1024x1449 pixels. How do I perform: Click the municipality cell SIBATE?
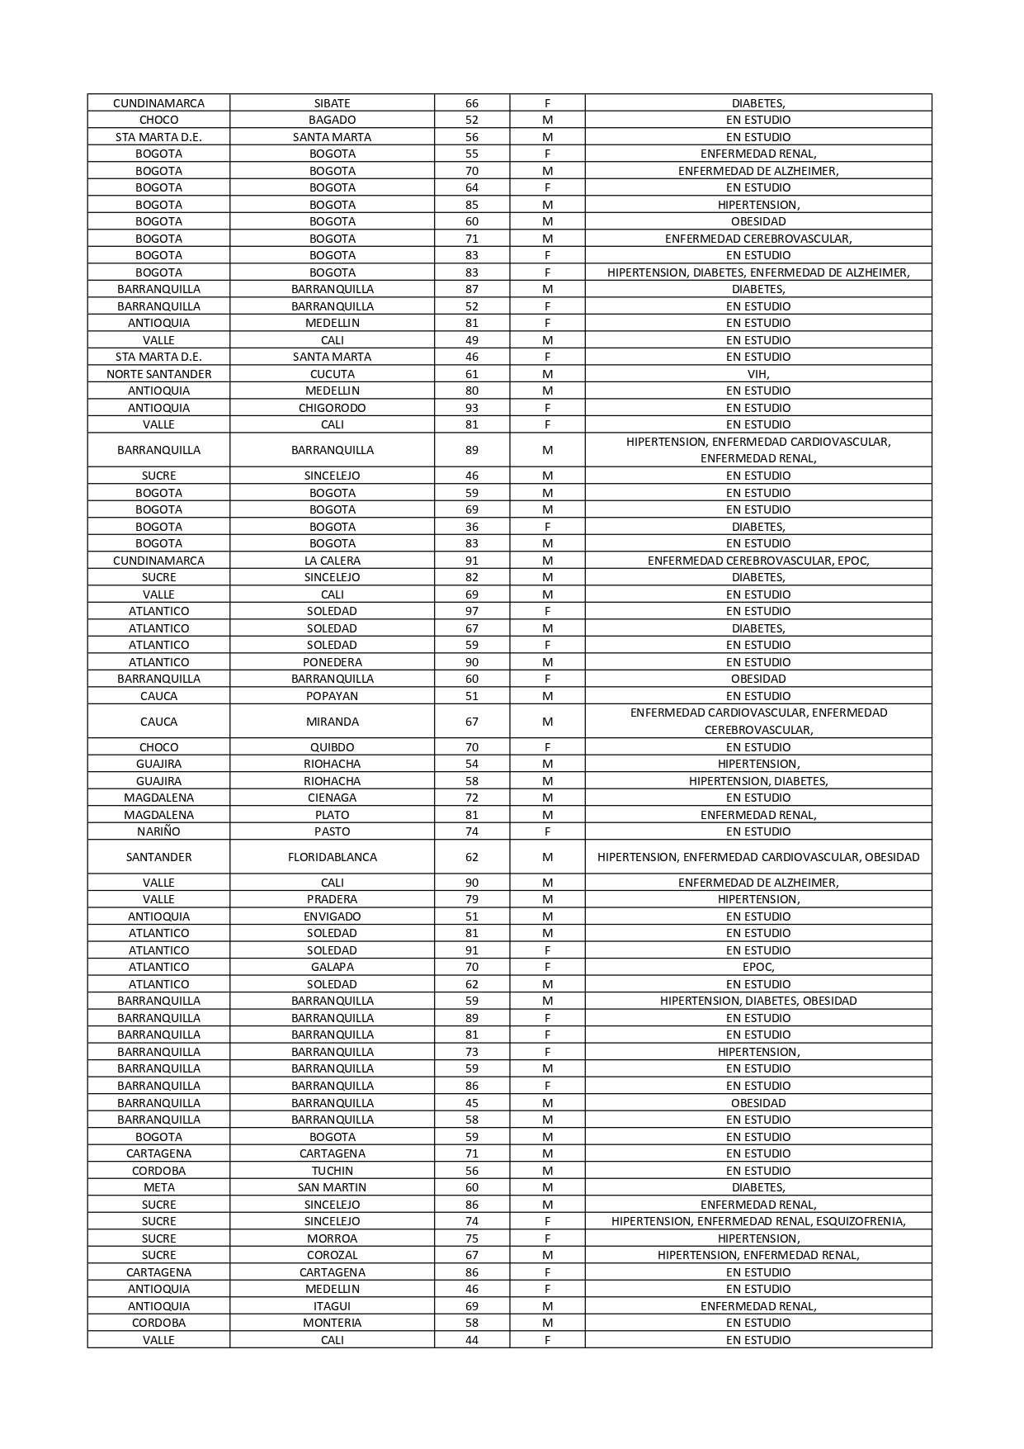coord(332,103)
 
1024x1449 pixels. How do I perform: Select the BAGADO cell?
coord(332,120)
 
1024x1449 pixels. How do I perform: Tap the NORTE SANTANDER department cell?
coord(158,374)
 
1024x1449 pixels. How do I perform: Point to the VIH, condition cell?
coord(757,374)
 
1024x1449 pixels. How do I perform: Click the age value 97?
coord(471,611)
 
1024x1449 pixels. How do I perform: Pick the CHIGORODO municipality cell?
coord(332,408)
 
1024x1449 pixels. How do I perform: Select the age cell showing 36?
coord(471,527)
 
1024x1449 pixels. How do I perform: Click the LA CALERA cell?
coord(332,561)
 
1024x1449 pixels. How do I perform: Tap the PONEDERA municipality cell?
coord(332,662)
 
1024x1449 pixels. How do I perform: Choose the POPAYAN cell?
coord(332,696)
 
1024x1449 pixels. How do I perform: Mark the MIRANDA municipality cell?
coord(332,722)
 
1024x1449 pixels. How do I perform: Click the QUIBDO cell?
coord(332,747)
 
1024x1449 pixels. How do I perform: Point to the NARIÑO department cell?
coord(158,831)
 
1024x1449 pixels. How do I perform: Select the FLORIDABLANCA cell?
coord(332,857)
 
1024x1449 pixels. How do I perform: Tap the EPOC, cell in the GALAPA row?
coord(757,967)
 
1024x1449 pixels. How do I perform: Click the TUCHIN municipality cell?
coord(332,1171)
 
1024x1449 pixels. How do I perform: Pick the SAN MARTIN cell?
coord(332,1187)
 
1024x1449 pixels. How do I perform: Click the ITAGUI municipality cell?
coord(332,1306)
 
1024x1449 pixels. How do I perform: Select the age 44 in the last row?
coord(471,1340)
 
